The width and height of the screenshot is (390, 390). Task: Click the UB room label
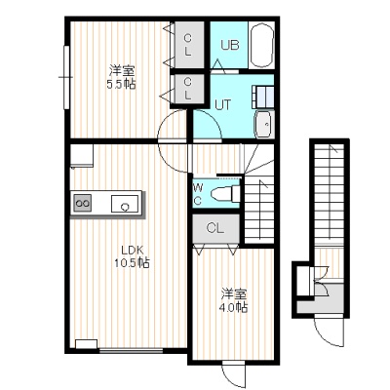pyautogui.click(x=230, y=45)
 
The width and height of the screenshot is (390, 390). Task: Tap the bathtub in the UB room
pyautogui.click(x=261, y=45)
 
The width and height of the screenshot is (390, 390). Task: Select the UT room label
pyautogui.click(x=222, y=104)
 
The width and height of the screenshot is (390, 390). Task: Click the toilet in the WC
pyautogui.click(x=225, y=194)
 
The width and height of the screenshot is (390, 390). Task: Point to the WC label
pyautogui.click(x=197, y=194)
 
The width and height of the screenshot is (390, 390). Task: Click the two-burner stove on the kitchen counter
pyautogui.click(x=82, y=203)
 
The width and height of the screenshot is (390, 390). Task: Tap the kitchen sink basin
pyautogui.click(x=125, y=204)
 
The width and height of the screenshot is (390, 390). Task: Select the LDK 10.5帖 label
pyautogui.click(x=132, y=256)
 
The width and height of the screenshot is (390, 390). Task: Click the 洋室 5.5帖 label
pyautogui.click(x=122, y=77)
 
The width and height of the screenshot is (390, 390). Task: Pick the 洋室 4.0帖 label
pyautogui.click(x=234, y=300)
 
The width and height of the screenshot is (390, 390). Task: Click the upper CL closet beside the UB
pyautogui.click(x=188, y=45)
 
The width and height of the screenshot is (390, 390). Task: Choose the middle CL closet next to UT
pyautogui.click(x=188, y=89)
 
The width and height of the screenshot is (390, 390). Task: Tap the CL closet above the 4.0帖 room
pyautogui.click(x=215, y=228)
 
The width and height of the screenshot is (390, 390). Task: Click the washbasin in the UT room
pyautogui.click(x=265, y=124)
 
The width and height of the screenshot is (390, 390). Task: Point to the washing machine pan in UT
pyautogui.click(x=262, y=97)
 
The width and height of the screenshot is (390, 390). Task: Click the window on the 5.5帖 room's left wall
pyautogui.click(x=66, y=77)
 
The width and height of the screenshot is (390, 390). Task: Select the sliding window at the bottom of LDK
pyautogui.click(x=131, y=350)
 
